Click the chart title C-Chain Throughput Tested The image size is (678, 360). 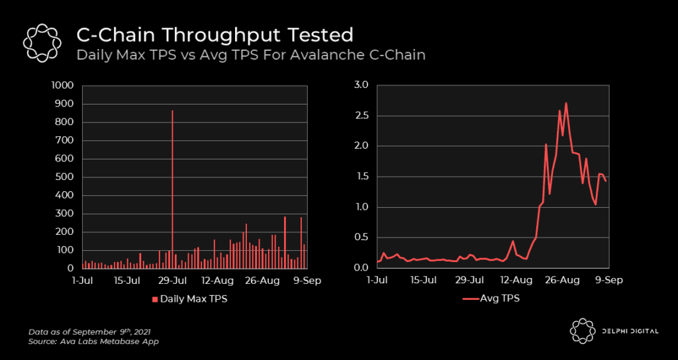(x=215, y=34)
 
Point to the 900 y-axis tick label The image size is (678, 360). (x=65, y=104)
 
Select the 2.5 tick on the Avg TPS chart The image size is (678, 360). (x=361, y=116)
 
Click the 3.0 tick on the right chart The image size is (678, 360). (x=361, y=85)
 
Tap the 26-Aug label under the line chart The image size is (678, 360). (x=561, y=280)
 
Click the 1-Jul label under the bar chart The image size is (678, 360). (x=82, y=280)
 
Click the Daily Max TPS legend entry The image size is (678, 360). (x=191, y=299)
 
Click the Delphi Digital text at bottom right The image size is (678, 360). (x=630, y=331)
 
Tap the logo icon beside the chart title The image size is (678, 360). (x=42, y=44)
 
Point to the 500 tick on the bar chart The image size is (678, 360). (x=65, y=177)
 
